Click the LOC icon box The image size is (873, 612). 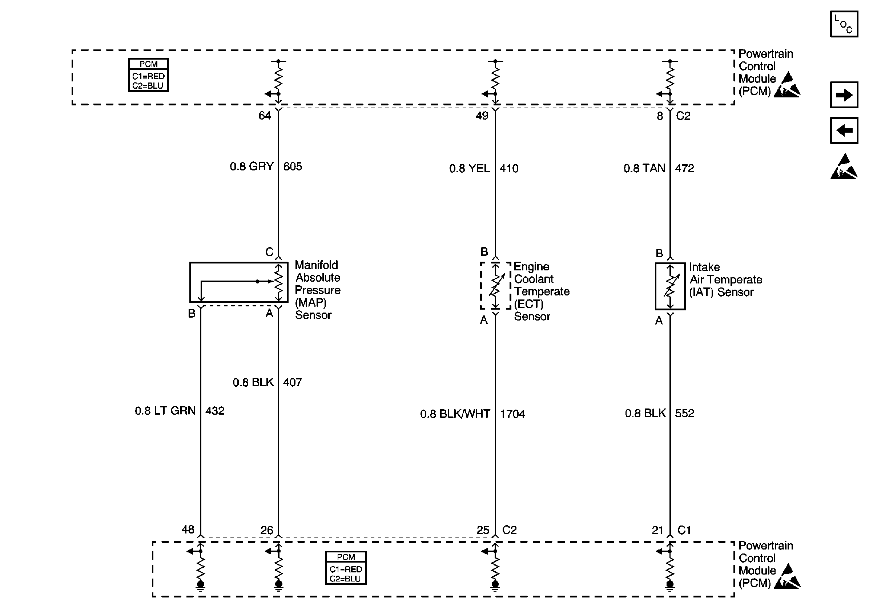(x=844, y=24)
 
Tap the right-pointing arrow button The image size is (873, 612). (x=844, y=95)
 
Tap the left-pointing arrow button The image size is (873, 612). (x=844, y=130)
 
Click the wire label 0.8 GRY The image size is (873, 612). (x=252, y=166)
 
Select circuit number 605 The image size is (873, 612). (x=293, y=166)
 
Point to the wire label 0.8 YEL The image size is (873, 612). (x=469, y=168)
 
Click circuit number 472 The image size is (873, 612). (x=684, y=168)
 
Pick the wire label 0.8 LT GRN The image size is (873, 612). (x=165, y=411)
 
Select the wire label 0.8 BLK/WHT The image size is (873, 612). (x=455, y=414)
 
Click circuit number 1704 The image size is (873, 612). (x=512, y=414)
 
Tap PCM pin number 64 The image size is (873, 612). (x=265, y=116)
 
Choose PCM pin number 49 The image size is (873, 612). (x=482, y=116)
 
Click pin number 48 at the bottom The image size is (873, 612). (x=188, y=529)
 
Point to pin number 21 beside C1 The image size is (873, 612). (x=657, y=530)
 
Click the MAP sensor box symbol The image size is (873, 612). (x=238, y=282)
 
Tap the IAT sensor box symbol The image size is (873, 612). (x=670, y=286)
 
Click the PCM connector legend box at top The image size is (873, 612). (x=148, y=75)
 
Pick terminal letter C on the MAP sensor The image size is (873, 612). (x=269, y=251)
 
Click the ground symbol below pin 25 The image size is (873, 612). (x=495, y=586)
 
